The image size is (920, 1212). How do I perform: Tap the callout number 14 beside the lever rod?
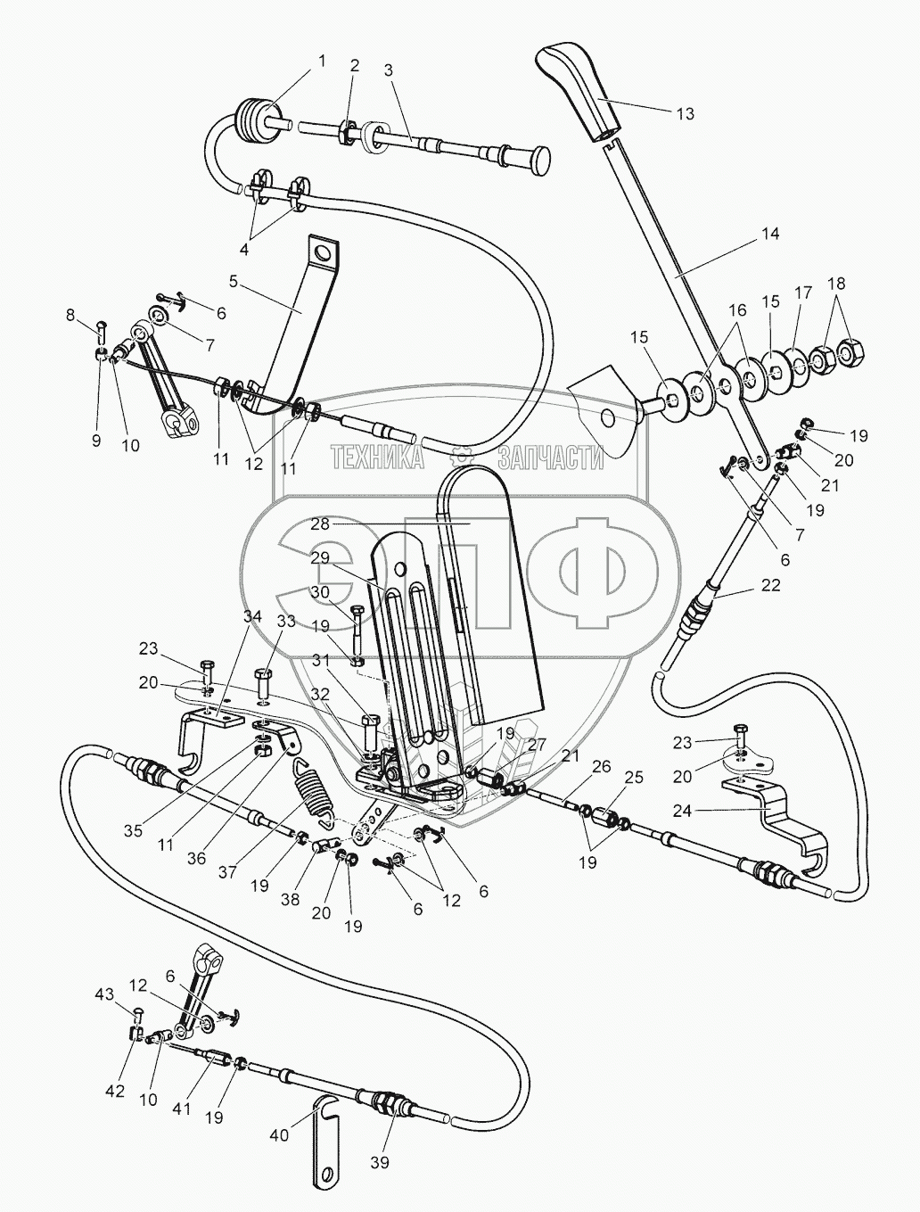pos(770,234)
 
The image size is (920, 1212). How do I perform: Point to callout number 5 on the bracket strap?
pos(233,282)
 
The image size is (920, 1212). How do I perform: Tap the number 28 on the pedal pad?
pos(320,524)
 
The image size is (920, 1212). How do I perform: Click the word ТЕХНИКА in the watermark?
pos(378,458)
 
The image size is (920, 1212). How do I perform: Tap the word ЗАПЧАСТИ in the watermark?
pos(551,458)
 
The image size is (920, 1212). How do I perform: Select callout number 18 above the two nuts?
pos(837,284)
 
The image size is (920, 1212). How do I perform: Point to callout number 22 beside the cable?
pos(770,585)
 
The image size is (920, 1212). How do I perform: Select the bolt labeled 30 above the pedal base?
pos(357,627)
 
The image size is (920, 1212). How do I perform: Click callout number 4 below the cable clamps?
pos(243,250)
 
